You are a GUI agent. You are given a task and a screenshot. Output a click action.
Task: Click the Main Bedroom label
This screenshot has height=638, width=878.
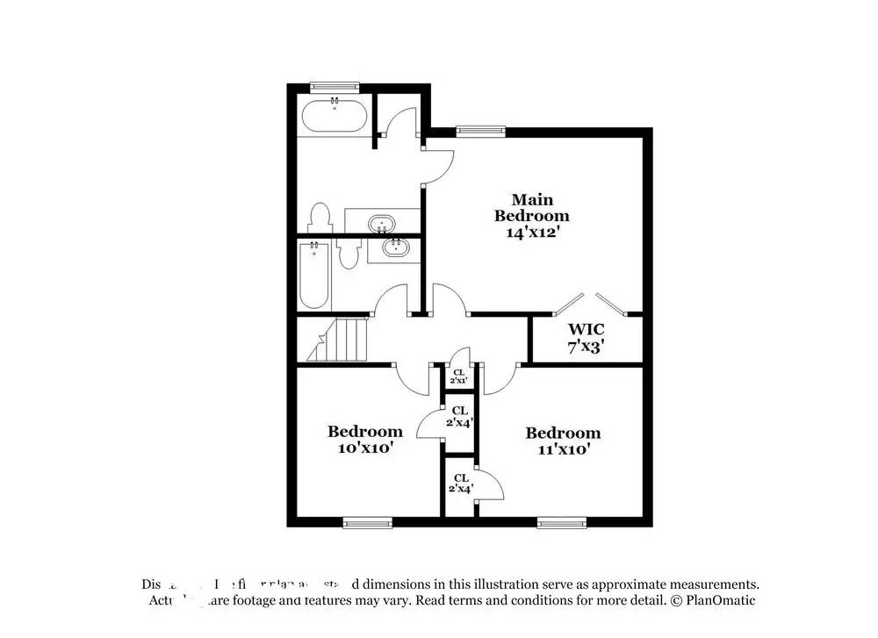(x=531, y=207)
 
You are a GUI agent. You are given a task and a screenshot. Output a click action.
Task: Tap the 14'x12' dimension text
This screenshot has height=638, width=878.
(x=531, y=233)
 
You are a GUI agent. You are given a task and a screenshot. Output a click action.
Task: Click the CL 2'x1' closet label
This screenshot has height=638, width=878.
(x=458, y=376)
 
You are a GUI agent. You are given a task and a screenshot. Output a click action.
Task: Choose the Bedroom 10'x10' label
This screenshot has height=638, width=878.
(x=365, y=439)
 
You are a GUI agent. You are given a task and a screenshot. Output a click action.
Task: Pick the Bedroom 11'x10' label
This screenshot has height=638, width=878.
(x=563, y=441)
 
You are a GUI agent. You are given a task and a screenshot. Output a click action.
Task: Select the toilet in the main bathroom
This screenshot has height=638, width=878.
(x=320, y=217)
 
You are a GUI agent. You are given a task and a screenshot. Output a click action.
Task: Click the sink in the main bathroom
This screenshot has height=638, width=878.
(x=382, y=223)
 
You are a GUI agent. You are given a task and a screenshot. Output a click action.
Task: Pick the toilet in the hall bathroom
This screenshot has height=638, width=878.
(x=349, y=254)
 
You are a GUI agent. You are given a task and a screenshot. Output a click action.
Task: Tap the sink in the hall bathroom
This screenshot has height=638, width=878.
(x=394, y=247)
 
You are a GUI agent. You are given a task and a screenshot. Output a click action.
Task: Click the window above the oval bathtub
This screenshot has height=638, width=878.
(x=335, y=86)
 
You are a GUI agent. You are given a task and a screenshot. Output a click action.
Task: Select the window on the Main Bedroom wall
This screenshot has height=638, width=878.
(x=480, y=132)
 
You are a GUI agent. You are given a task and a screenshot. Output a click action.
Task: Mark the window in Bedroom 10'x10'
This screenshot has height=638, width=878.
(x=367, y=523)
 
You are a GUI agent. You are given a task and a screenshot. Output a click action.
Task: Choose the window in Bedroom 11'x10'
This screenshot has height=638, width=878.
(x=562, y=523)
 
